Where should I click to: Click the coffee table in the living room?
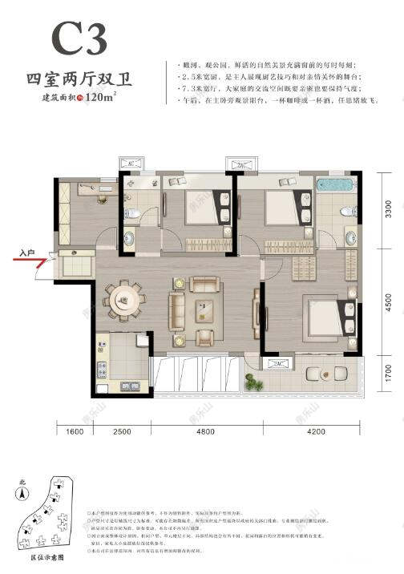(204, 309)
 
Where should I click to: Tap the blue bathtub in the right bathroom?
(335, 185)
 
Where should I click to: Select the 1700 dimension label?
(388, 373)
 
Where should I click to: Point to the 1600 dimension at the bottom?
(73, 434)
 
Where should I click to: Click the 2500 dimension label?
(122, 434)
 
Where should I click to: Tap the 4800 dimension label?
(206, 434)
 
